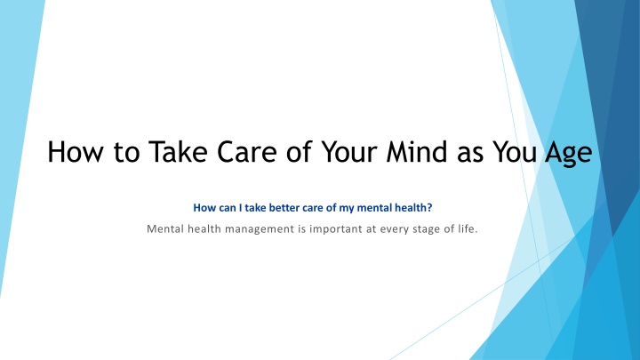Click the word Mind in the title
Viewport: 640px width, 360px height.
(417, 151)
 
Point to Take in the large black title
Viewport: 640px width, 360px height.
(178, 151)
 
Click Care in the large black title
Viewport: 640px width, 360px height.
(246, 151)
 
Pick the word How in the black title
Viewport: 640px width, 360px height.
(75, 151)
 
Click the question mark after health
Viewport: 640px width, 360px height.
(429, 208)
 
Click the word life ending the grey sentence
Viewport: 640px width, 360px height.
(466, 228)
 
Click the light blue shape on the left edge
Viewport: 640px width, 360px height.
(16, 123)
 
